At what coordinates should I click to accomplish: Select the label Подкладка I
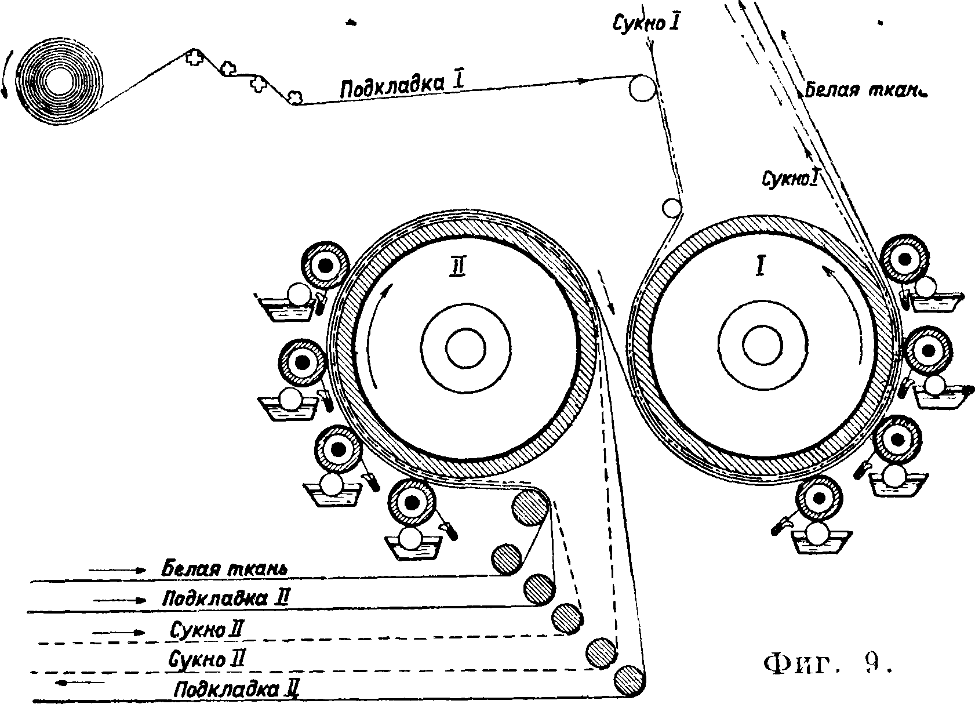click(401, 86)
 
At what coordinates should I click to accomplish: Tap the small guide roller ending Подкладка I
click(642, 88)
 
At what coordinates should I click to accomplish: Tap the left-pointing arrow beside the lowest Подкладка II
click(73, 683)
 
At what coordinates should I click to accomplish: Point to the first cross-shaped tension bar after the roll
click(194, 57)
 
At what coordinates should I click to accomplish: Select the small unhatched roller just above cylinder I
click(671, 208)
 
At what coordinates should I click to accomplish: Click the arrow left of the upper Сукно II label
click(119, 632)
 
